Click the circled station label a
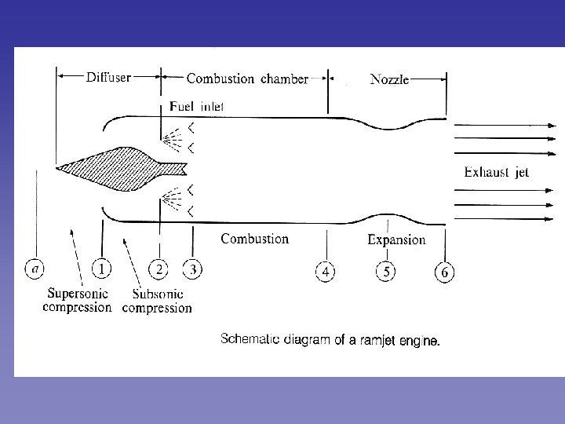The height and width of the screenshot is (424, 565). point(35,269)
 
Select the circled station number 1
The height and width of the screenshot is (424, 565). point(101,269)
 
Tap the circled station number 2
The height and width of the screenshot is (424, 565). point(159,269)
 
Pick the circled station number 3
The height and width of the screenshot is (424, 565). point(191,269)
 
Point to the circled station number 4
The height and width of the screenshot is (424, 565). point(326,272)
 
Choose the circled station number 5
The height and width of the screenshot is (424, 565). point(385,272)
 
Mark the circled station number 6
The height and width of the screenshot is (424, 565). point(444,272)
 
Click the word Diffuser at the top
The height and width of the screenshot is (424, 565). point(108,78)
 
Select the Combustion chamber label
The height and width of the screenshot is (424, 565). point(247,79)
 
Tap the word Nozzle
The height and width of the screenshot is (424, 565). point(389,80)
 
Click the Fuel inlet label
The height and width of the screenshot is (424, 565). point(197,106)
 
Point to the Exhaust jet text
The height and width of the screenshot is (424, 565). point(496,173)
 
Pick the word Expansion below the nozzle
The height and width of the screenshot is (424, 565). point(396,240)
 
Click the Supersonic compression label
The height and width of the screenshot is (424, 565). point(77,301)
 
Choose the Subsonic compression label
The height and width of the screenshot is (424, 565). point(157,302)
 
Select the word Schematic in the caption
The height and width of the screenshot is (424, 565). point(250,340)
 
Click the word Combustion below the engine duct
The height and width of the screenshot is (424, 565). point(254,239)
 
